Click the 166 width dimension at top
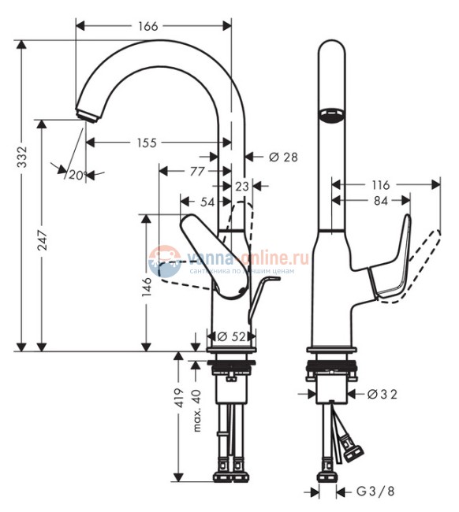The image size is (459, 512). coord(147,26)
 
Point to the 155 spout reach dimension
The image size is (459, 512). coord(147,143)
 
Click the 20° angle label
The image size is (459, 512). coord(76,174)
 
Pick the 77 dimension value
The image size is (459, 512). coord(196,170)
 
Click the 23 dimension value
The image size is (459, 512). coord(242,186)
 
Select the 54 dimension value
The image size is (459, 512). coord(207,202)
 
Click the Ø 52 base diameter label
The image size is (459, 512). coord(230,336)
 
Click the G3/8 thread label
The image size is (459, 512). coord(374,492)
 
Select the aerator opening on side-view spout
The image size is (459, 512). coord(331,116)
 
